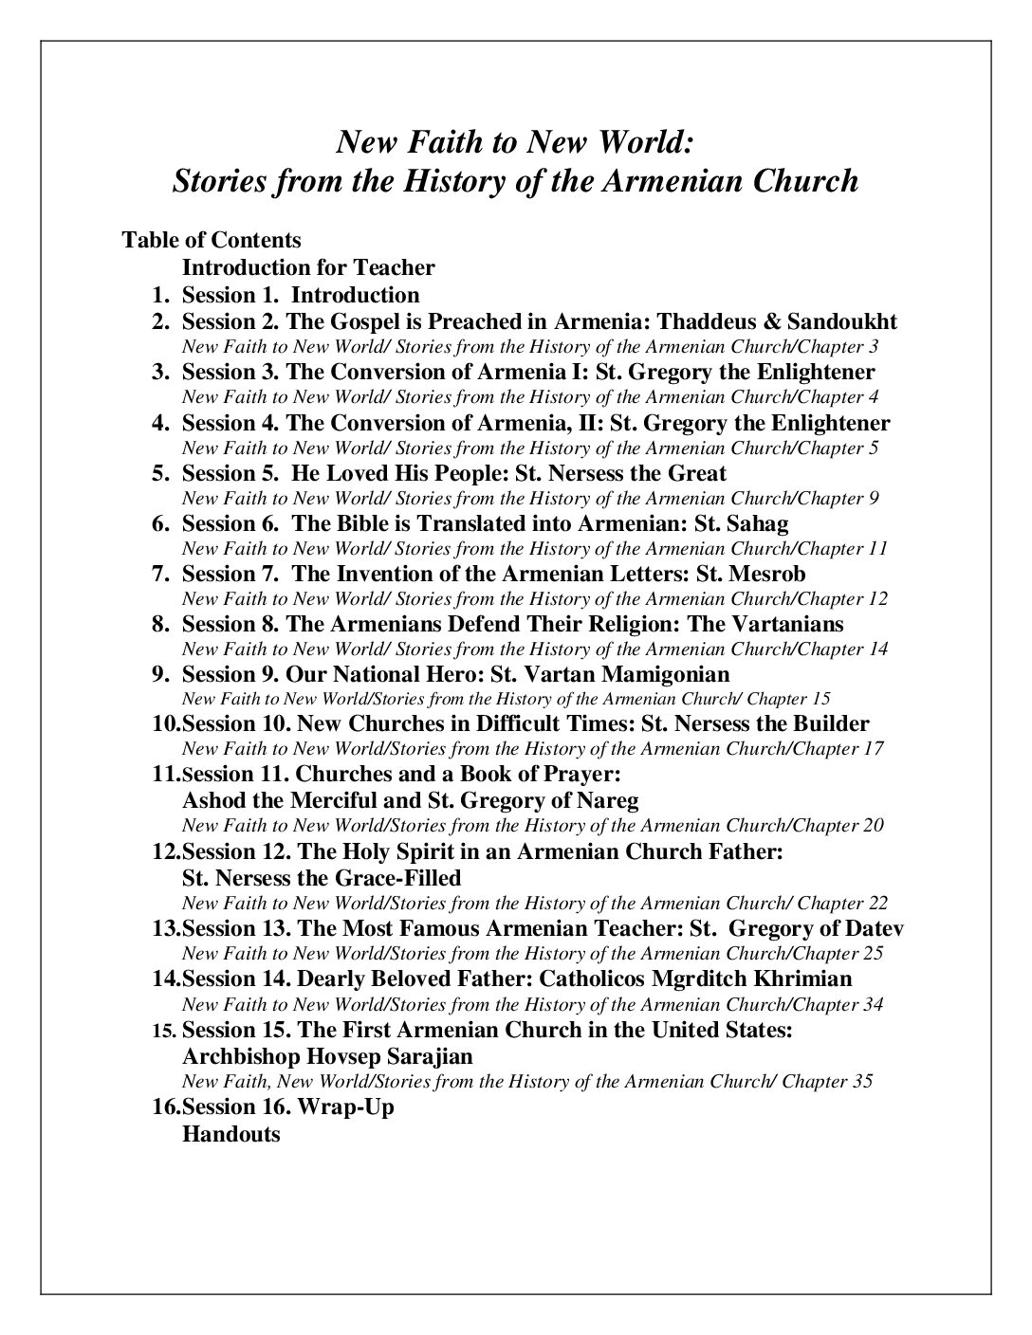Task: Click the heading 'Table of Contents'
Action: click(212, 240)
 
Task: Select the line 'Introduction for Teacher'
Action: click(308, 267)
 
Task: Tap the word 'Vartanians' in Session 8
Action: click(788, 624)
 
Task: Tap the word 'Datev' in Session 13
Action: click(874, 927)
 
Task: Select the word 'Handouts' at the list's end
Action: click(230, 1133)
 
